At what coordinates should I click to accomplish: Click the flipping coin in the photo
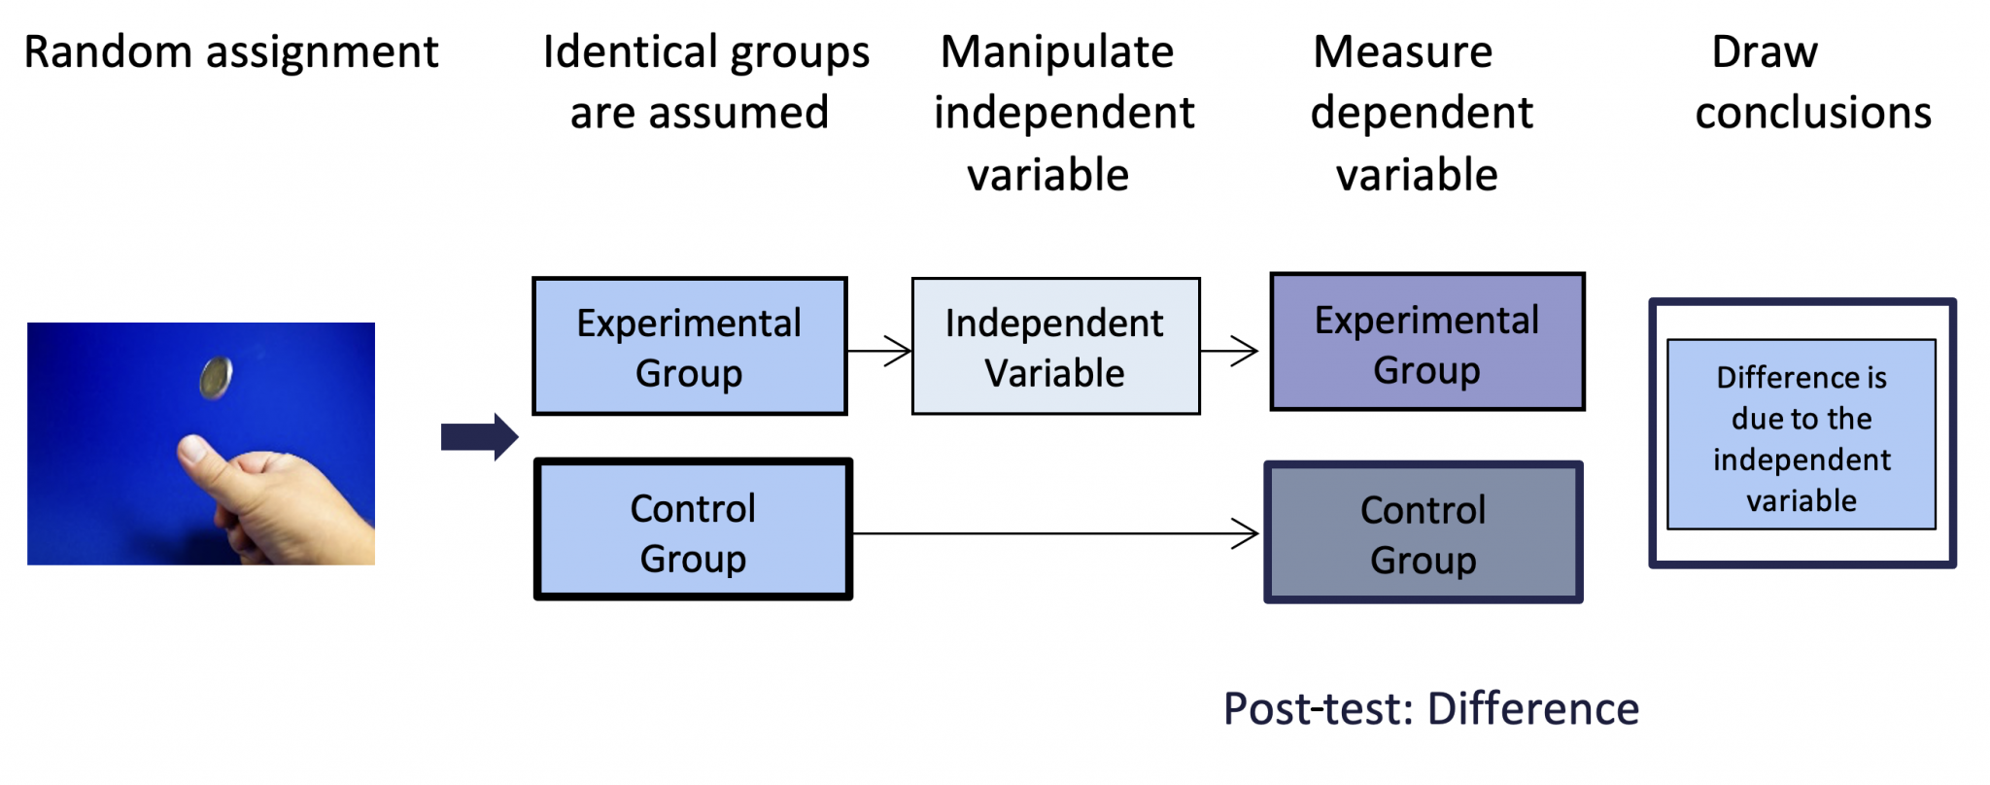[216, 378]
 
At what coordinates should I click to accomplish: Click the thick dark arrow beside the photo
[479, 437]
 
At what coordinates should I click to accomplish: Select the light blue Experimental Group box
[689, 347]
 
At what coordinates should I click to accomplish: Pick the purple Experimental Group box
[1426, 343]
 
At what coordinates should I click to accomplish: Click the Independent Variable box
[1055, 347]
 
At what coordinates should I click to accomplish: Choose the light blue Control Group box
[693, 530]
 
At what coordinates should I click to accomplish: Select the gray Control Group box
[1423, 532]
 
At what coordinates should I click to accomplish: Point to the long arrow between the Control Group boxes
[1054, 533]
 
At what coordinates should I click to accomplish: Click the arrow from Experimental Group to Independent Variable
[879, 351]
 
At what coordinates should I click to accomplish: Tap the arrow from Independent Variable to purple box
[1230, 351]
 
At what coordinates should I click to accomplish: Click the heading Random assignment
[231, 52]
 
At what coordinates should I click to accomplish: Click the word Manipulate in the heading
[1057, 52]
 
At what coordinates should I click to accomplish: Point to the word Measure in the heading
[1402, 52]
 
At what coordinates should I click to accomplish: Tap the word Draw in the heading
[1764, 52]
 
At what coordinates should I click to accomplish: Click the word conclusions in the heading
[1813, 114]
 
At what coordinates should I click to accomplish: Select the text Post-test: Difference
[1430, 709]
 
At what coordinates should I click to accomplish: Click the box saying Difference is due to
[1801, 435]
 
